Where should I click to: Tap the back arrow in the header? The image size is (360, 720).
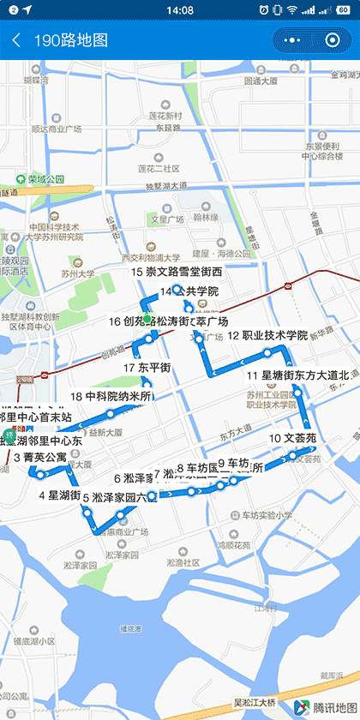[x=16, y=40]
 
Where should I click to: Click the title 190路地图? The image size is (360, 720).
[x=71, y=40]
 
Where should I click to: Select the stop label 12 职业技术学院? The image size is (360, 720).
[x=267, y=335]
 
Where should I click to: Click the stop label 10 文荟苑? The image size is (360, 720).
[x=292, y=438]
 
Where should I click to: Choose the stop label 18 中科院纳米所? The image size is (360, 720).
[x=111, y=397]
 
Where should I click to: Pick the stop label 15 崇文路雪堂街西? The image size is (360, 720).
[x=176, y=272]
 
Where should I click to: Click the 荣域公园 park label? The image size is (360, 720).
[x=45, y=179]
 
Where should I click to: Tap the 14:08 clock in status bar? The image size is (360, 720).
[x=180, y=9]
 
